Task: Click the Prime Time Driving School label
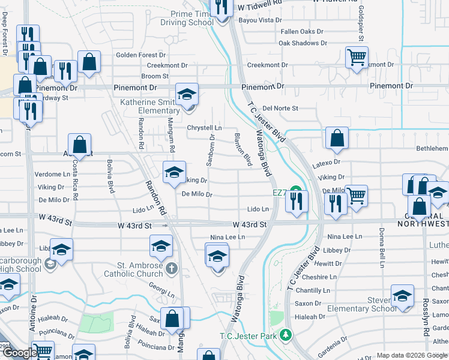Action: click(187, 18)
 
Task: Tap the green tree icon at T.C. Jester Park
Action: click(287, 334)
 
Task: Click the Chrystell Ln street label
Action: click(204, 128)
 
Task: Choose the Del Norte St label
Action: click(280, 109)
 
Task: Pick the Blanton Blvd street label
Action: click(243, 150)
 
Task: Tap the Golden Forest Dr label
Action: click(136, 55)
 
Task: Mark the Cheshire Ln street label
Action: click(320, 277)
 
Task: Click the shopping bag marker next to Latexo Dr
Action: click(337, 138)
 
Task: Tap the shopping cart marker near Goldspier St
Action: click(357, 58)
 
